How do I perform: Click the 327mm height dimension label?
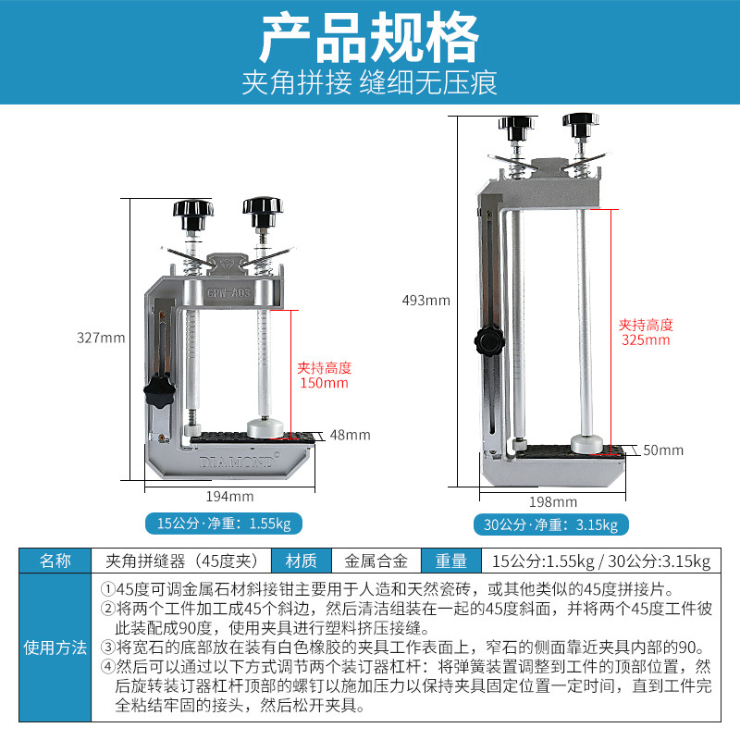click(101, 338)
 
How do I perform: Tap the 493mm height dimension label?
click(426, 300)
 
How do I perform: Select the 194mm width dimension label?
click(229, 497)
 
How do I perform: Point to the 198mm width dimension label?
click(553, 501)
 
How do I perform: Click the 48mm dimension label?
click(351, 435)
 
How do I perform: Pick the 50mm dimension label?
click(663, 450)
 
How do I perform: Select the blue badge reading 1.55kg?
click(224, 524)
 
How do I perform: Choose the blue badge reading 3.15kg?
click(550, 524)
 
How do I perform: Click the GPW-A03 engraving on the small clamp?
click(228, 292)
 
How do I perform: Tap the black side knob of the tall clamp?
click(489, 340)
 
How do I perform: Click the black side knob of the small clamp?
click(159, 390)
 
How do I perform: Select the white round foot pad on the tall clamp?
click(586, 445)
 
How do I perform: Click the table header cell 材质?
click(302, 561)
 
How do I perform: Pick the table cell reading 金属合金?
click(376, 561)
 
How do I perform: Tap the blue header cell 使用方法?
click(55, 647)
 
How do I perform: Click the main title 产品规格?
click(369, 38)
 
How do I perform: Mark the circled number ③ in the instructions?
click(108, 647)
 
